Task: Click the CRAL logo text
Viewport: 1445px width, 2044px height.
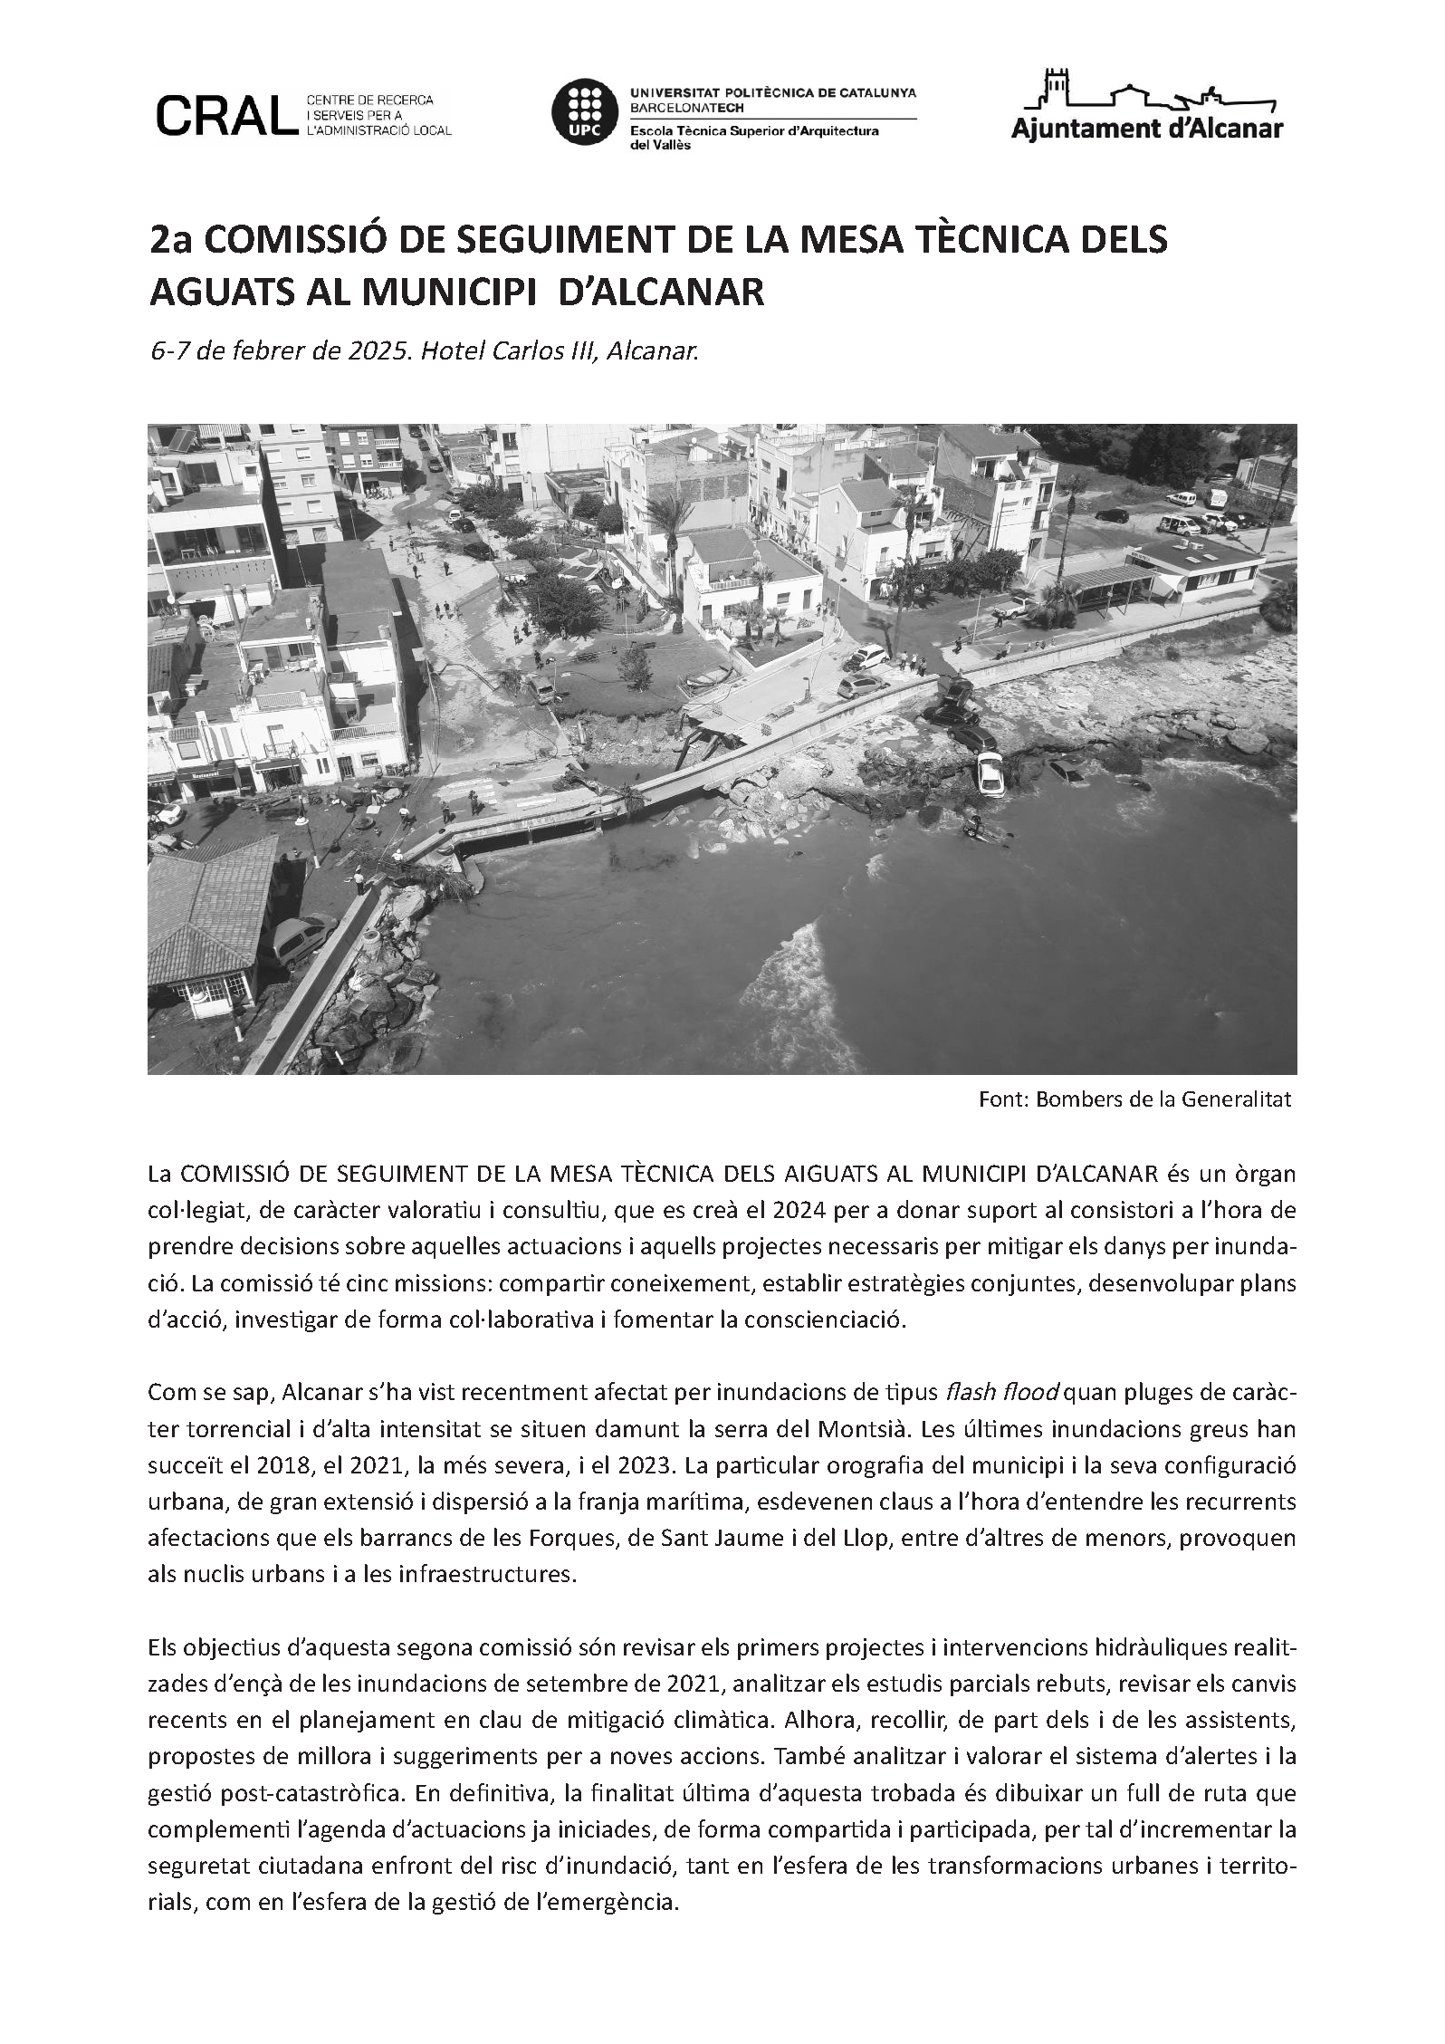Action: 225,114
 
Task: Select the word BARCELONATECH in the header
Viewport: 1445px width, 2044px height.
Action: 687,106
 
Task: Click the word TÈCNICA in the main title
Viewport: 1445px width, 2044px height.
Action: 987,240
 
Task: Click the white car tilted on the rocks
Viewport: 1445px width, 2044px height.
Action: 989,774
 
